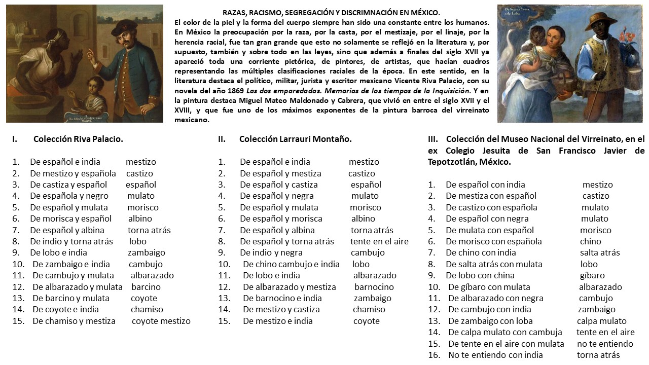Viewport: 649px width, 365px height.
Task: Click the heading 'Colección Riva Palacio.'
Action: tap(78, 139)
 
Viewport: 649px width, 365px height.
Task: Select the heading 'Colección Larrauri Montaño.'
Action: tap(295, 139)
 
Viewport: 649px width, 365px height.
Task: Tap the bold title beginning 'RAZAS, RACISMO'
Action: tap(332, 13)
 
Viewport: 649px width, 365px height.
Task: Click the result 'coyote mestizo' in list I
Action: tap(161, 321)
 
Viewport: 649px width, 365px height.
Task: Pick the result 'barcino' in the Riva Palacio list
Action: tap(146, 287)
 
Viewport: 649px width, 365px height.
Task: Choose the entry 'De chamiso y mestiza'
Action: tap(74, 321)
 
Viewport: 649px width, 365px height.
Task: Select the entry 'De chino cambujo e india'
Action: tap(291, 264)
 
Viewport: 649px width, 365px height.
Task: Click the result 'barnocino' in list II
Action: tap(374, 287)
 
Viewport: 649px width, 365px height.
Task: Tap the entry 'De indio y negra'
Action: tap(271, 252)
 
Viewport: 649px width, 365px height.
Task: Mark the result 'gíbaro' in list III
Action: tap(592, 276)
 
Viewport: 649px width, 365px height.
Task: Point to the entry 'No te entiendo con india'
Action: tap(495, 355)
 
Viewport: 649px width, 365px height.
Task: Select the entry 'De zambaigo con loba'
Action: tap(490, 321)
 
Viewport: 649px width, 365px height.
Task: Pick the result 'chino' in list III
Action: tap(591, 241)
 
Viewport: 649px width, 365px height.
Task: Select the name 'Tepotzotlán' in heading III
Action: tap(452, 162)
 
